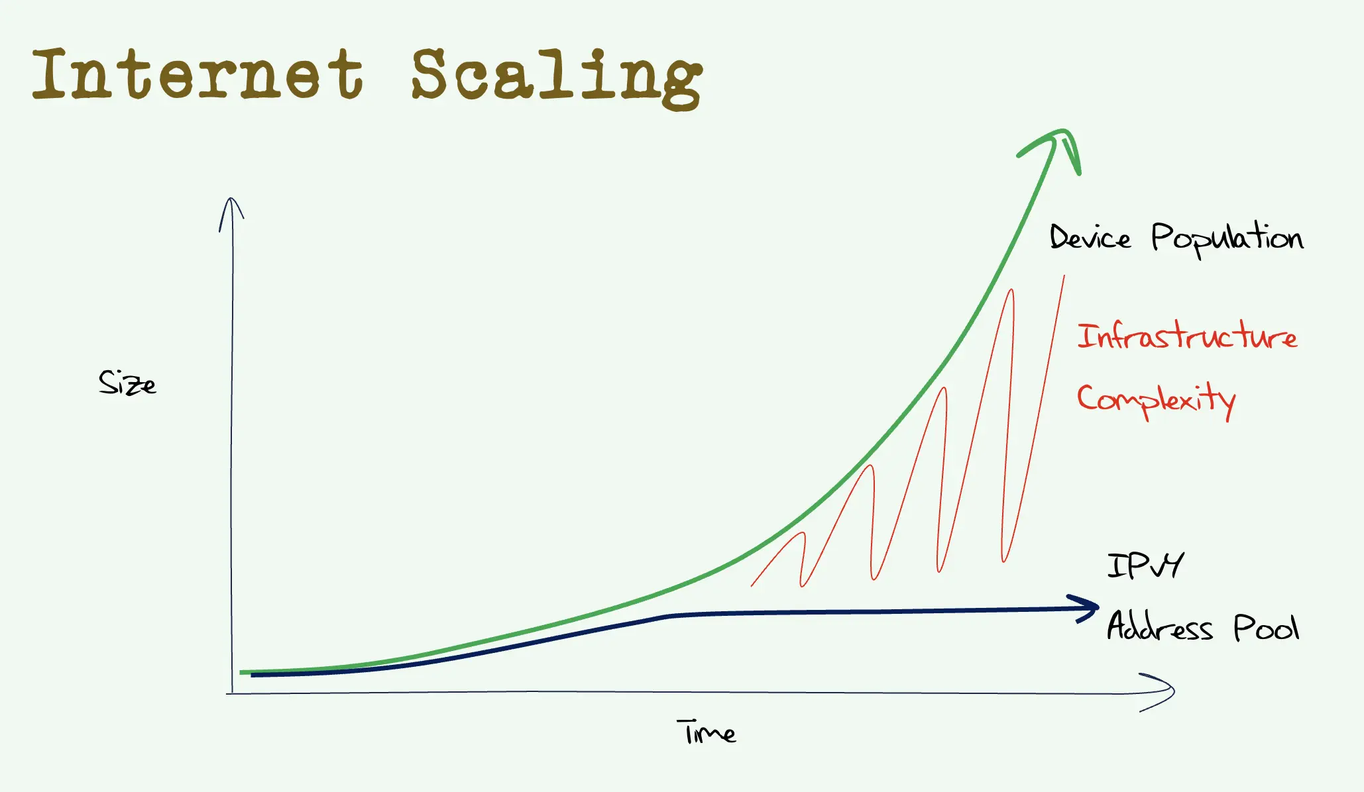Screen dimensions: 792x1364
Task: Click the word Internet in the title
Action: (198, 74)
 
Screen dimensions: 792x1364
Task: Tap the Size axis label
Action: (127, 383)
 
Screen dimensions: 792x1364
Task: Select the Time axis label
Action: (707, 732)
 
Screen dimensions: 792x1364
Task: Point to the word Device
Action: (1090, 238)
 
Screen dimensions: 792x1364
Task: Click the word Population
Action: (1226, 238)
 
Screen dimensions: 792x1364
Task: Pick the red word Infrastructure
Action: (1186, 336)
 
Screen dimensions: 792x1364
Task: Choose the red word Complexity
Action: (1156, 399)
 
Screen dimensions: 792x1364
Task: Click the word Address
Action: (1159, 626)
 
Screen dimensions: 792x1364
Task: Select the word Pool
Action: (1266, 627)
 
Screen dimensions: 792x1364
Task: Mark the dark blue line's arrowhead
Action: (1087, 607)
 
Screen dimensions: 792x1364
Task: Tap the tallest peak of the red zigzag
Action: (1011, 291)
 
